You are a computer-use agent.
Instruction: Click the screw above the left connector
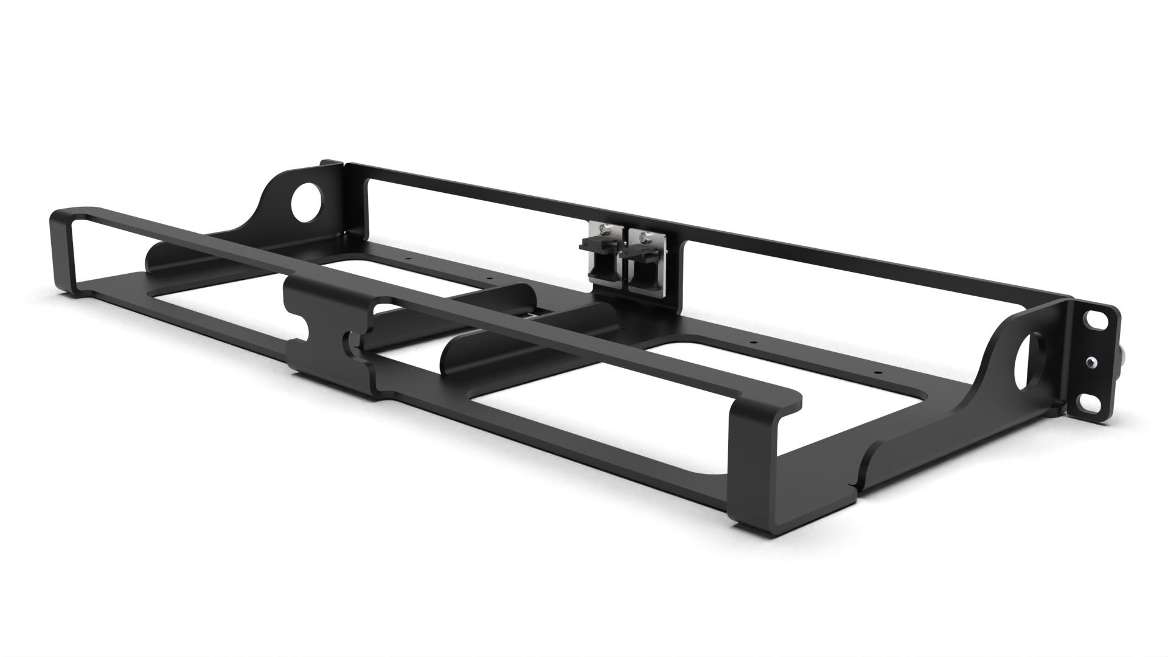point(602,229)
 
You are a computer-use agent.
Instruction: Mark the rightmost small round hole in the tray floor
point(877,371)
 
